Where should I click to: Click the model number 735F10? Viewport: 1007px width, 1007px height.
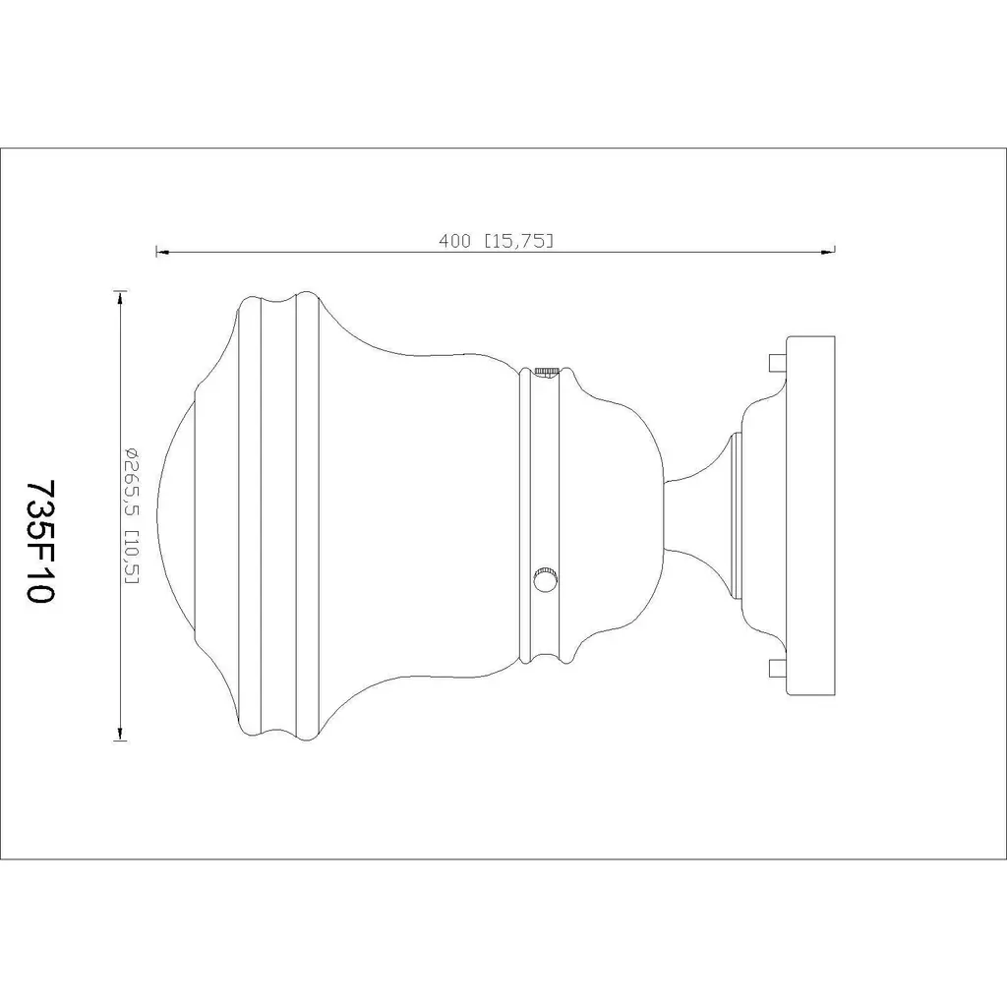pos(38,541)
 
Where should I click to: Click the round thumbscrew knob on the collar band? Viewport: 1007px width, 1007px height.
pos(545,580)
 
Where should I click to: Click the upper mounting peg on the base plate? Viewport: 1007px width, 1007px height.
pos(778,363)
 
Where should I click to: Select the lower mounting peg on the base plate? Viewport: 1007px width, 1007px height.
pos(778,669)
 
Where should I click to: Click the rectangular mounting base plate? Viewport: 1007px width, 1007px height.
pos(810,515)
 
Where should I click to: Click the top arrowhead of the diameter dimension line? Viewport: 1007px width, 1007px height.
pos(119,297)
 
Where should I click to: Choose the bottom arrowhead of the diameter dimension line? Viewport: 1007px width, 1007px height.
pos(119,734)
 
